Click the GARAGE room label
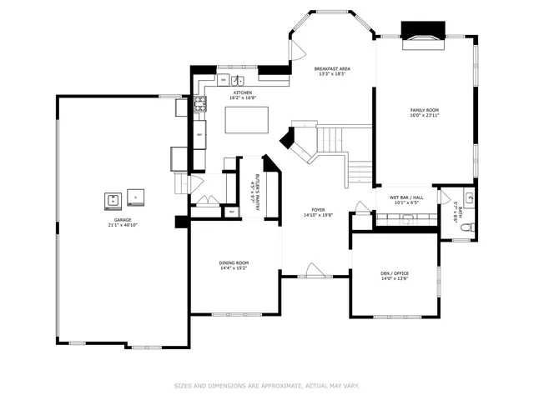coord(121,220)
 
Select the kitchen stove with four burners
coord(200,104)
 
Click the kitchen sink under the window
coord(238,81)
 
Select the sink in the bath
coord(469,198)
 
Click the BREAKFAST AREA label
coord(331,68)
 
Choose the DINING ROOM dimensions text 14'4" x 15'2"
coord(234,268)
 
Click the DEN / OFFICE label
coord(395,273)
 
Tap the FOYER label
coord(319,210)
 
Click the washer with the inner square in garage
coord(112,198)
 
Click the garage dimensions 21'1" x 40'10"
coord(121,226)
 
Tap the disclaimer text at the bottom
coord(266,386)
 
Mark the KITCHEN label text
coord(243,92)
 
